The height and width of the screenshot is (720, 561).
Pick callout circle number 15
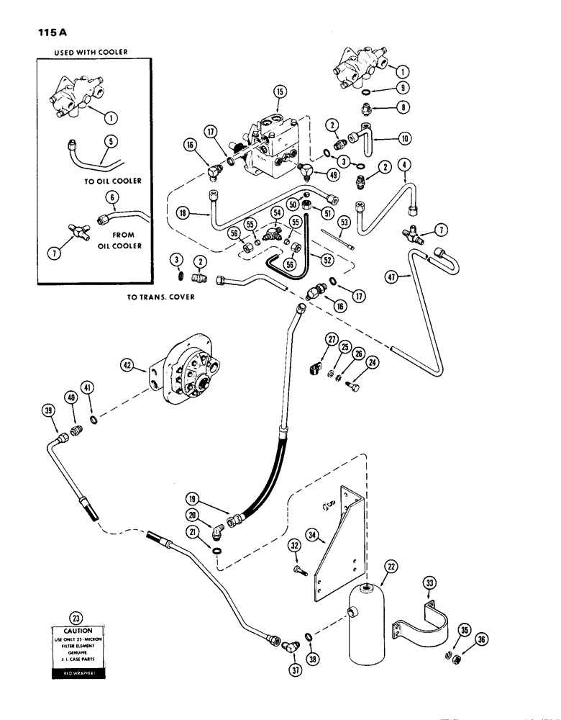pos(279,91)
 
